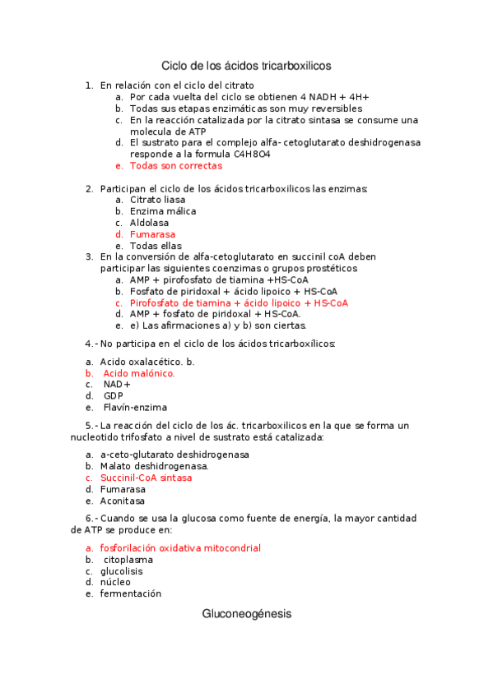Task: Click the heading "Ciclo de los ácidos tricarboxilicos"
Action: tap(246, 64)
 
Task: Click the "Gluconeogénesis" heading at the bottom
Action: tap(246, 614)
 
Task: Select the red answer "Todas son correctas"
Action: tap(175, 165)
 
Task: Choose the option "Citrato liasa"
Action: tap(157, 200)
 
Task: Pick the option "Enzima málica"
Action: tap(162, 211)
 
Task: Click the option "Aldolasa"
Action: tap(149, 223)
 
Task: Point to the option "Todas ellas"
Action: tap(156, 246)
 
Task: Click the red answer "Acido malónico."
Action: tap(139, 373)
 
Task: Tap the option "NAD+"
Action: tap(117, 384)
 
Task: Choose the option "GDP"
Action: tap(114, 395)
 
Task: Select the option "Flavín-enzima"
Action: tap(135, 407)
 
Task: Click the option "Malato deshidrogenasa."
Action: tap(155, 466)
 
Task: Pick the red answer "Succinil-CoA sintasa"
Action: tap(146, 478)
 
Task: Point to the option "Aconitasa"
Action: tap(123, 501)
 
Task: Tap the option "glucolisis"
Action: tap(121, 570)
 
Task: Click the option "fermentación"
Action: tap(130, 593)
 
